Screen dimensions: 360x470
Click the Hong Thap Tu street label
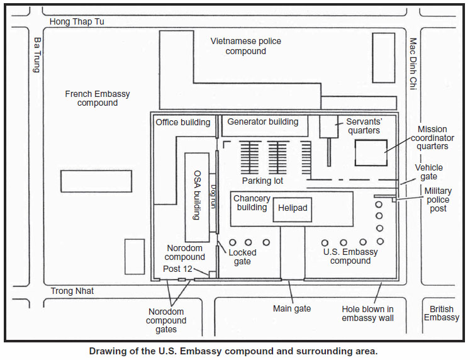pyautogui.click(x=77, y=22)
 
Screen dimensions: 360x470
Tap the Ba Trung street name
pyautogui.click(x=37, y=55)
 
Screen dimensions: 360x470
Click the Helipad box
pyautogui.click(x=293, y=208)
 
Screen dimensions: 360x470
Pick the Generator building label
pyautogui.click(x=263, y=121)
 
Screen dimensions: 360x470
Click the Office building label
pyautogui.click(x=183, y=122)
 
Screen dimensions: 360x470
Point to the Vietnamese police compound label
pyautogui.click(x=246, y=46)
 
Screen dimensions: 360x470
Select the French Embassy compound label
pyautogui.click(x=98, y=98)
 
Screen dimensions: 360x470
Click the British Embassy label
pyautogui.click(x=441, y=313)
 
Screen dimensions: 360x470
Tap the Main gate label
pyautogui.click(x=291, y=308)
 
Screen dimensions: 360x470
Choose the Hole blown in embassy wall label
pyautogui.click(x=368, y=313)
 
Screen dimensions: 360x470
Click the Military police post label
pyautogui.click(x=438, y=200)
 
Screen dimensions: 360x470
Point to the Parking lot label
pyautogui.click(x=262, y=181)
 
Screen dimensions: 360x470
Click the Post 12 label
pyautogui.click(x=177, y=269)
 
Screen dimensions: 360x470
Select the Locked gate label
pyautogui.click(x=242, y=257)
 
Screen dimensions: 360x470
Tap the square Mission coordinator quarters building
pyautogui.click(x=371, y=152)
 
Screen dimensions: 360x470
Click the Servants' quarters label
pyautogui.click(x=363, y=126)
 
